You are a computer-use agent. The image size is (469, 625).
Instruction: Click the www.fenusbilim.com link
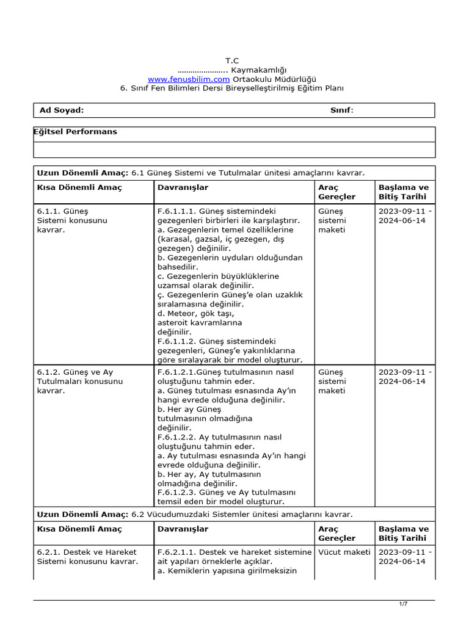189,79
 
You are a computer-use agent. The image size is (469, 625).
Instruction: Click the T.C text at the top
232,60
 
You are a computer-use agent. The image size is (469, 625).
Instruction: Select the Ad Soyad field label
62,110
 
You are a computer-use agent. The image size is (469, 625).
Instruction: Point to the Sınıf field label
341,110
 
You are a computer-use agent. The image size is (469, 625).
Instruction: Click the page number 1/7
403,604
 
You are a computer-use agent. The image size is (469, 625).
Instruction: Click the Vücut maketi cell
344,552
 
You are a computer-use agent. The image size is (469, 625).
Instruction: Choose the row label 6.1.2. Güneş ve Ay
75,372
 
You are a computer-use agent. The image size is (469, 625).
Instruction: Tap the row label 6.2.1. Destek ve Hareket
86,552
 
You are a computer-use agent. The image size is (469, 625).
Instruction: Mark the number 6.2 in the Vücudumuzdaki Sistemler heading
137,515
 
